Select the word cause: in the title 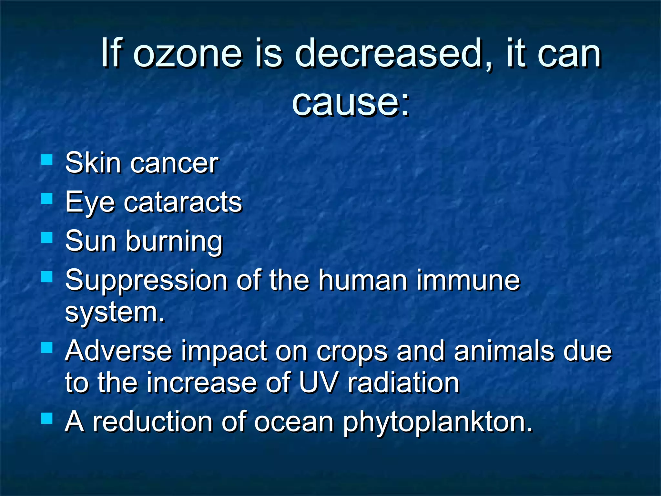351,103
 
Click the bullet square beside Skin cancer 47,160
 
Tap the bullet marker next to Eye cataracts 47,199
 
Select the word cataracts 183,203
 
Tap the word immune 468,280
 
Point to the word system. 115,313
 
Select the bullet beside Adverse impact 47,348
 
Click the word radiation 403,383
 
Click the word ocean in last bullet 294,422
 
